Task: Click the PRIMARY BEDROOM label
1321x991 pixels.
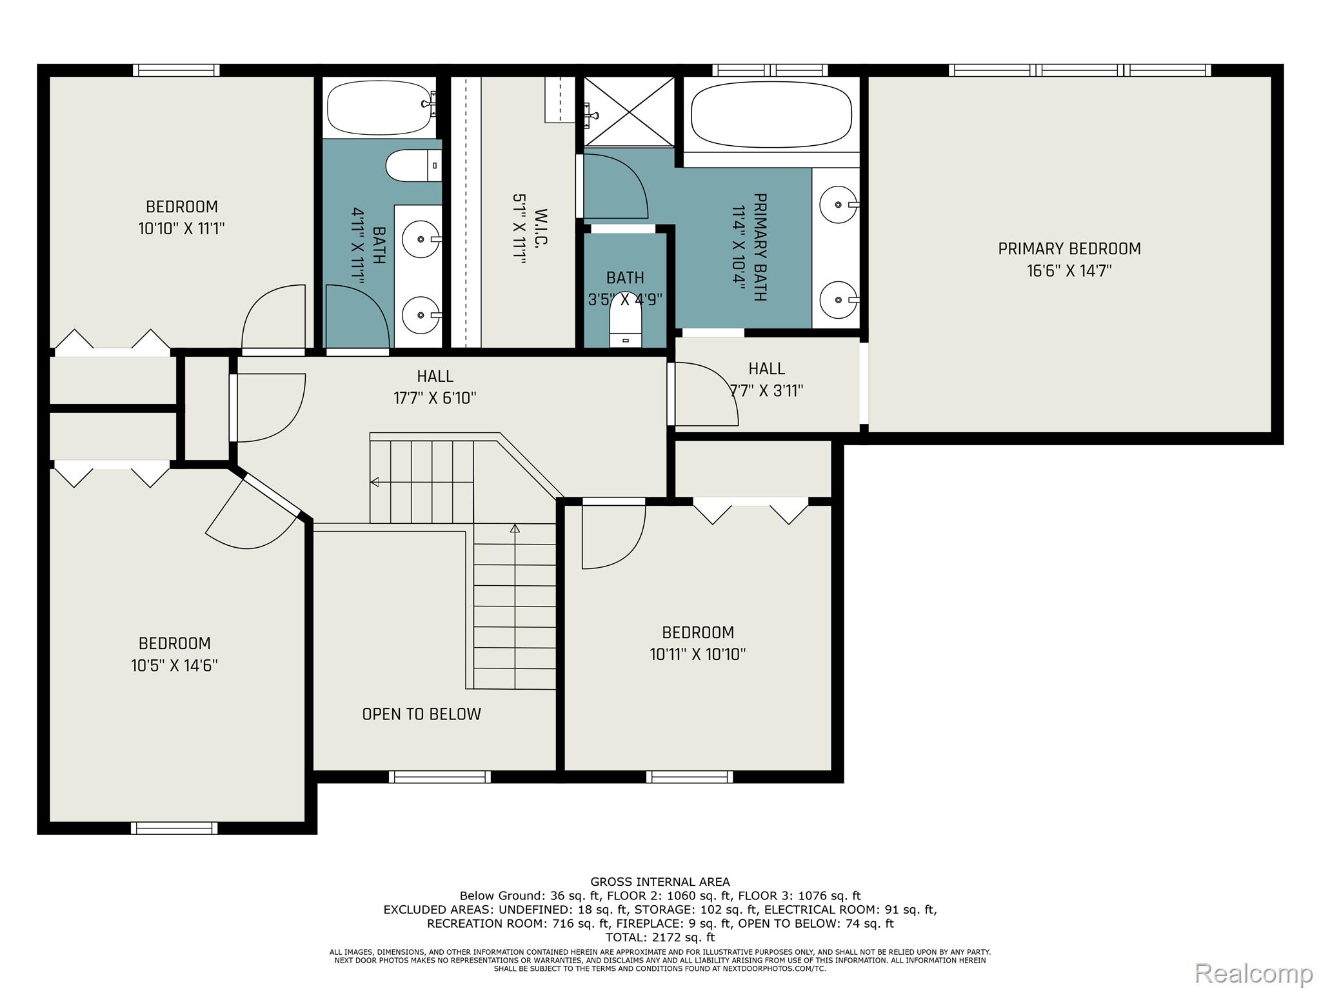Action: (1069, 249)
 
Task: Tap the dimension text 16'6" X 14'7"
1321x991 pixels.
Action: (1069, 271)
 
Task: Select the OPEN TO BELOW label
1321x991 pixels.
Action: (421, 714)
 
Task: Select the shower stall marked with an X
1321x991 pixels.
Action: (629, 111)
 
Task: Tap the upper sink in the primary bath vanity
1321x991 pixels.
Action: (837, 205)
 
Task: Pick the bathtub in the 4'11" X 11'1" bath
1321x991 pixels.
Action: (380, 108)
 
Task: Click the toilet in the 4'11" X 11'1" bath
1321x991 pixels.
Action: (412, 166)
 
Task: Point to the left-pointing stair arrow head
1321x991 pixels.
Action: (374, 482)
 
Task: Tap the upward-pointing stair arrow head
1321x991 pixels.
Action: (515, 528)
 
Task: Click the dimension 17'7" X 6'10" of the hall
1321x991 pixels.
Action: (435, 398)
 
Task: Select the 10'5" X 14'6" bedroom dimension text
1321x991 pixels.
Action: (174, 666)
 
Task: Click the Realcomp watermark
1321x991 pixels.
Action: (1253, 973)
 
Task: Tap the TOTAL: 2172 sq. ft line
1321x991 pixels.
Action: (660, 937)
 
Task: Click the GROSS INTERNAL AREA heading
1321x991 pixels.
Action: (660, 882)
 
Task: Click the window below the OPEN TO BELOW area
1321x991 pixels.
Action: (440, 777)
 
